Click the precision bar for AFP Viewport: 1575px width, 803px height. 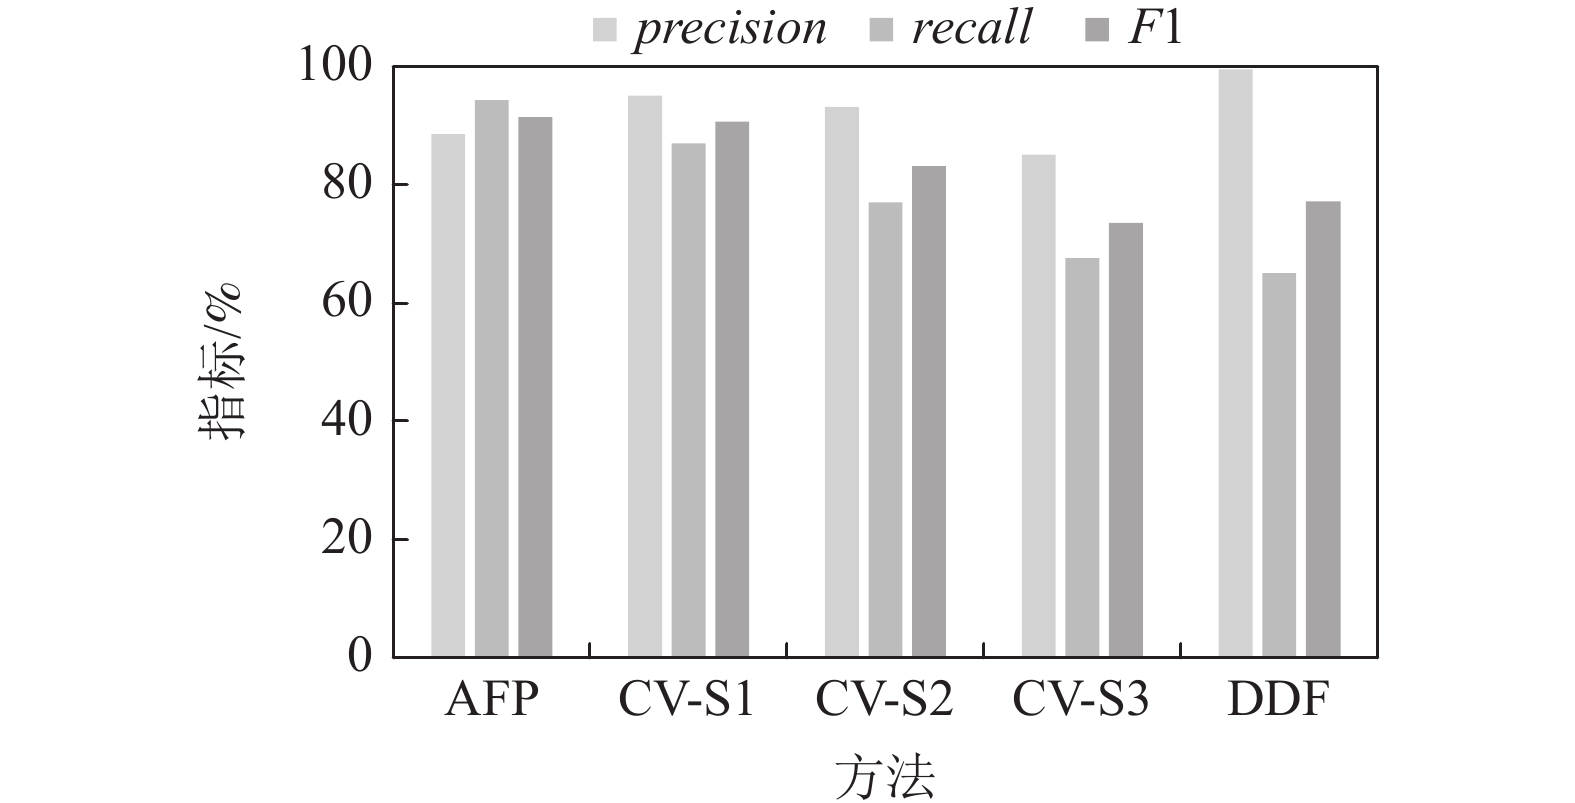point(448,395)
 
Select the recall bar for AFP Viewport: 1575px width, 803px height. point(492,378)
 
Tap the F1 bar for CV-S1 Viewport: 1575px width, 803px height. point(732,389)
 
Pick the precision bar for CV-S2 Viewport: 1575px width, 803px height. point(842,382)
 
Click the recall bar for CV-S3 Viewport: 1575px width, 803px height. point(1082,457)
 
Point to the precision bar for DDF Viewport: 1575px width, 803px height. point(1235,363)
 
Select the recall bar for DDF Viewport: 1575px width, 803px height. point(1279,465)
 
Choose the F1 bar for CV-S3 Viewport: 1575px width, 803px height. point(1126,440)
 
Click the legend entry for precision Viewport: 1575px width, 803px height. point(711,28)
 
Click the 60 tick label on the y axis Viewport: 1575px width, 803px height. point(346,303)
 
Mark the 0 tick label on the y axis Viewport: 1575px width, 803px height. point(359,657)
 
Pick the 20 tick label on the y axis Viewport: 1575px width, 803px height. point(346,539)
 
